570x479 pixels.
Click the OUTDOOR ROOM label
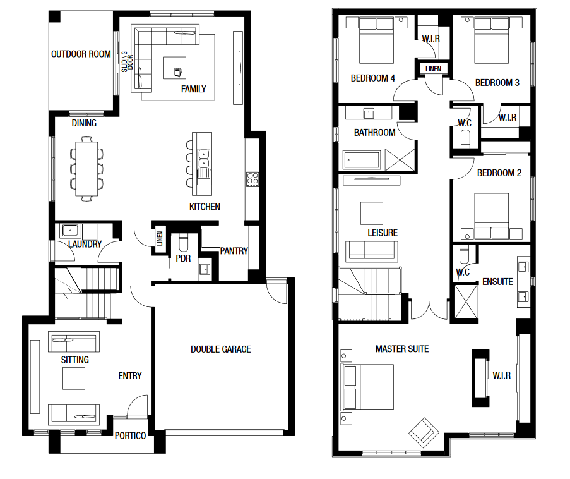point(81,54)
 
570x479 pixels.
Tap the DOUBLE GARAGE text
point(221,349)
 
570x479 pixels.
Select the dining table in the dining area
point(86,169)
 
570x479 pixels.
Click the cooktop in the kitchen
point(252,179)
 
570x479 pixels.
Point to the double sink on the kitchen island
point(203,159)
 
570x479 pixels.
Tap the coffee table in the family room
point(175,68)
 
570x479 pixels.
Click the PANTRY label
point(234,251)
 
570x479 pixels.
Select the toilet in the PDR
point(183,243)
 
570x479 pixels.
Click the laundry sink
point(70,230)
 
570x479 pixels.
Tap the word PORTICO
point(130,435)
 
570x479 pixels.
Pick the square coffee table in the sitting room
point(74,378)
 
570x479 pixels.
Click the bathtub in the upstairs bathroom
point(361,160)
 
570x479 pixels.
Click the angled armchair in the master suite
point(424,432)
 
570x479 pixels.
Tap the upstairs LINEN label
point(433,69)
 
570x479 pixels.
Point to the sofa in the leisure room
point(372,250)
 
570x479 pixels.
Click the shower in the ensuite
point(466,301)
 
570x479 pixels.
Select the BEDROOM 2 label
point(499,173)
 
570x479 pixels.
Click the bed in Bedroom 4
point(376,41)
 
